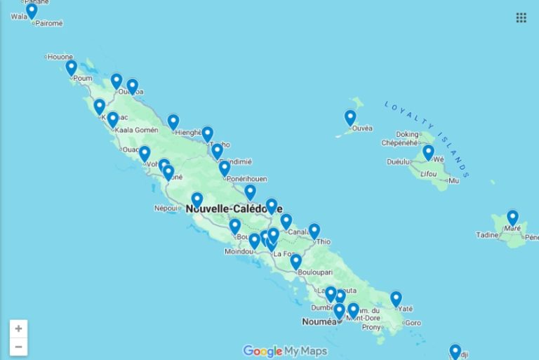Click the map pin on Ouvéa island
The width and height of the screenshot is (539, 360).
click(x=350, y=117)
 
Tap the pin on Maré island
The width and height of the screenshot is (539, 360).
click(x=512, y=217)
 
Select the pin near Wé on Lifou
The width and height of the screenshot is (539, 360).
click(x=428, y=152)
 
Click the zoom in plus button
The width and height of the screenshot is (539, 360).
click(x=18, y=328)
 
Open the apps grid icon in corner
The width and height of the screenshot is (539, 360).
click(x=521, y=18)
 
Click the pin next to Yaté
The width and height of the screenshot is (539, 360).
click(x=396, y=298)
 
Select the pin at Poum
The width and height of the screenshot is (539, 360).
click(x=71, y=67)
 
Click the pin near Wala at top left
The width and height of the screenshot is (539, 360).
click(x=32, y=10)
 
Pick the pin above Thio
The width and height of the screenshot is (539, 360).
click(x=314, y=230)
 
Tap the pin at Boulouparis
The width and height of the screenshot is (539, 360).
click(x=295, y=261)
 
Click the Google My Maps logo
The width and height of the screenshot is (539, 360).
click(x=285, y=351)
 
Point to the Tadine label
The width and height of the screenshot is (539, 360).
click(x=486, y=235)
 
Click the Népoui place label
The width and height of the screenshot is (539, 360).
click(x=165, y=208)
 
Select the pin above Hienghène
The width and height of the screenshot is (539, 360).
click(x=173, y=121)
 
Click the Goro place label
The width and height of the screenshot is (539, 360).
click(x=413, y=323)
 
